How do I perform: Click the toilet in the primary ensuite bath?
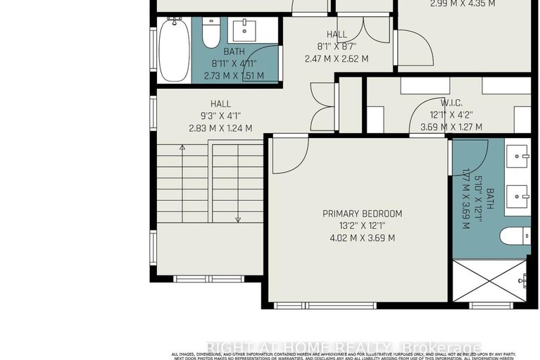[515, 235]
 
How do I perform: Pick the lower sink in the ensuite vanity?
[518, 192]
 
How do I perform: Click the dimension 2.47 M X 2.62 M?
[337, 58]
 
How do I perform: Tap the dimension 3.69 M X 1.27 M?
[451, 127]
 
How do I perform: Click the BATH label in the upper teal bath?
[234, 51]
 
